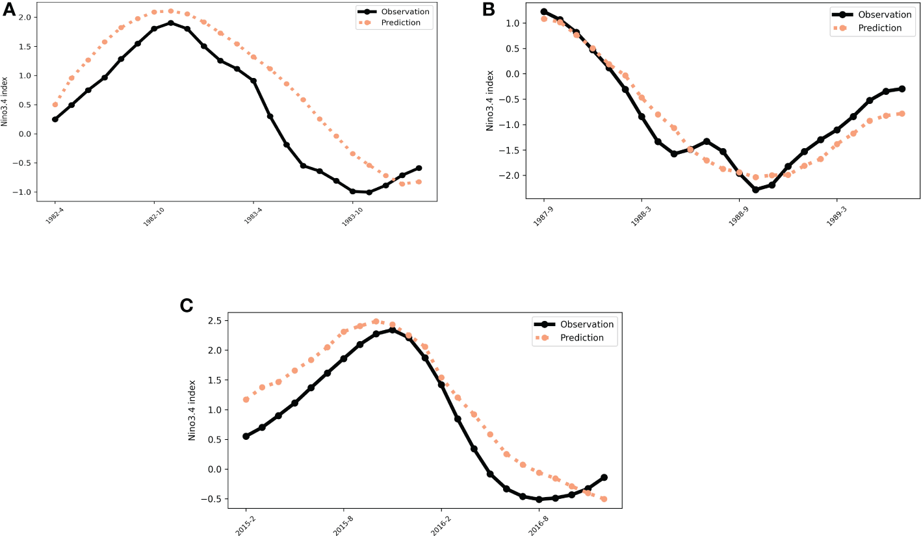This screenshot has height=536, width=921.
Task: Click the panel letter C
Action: pyautogui.click(x=187, y=305)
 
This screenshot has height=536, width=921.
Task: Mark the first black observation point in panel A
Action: pyautogui.click(x=55, y=119)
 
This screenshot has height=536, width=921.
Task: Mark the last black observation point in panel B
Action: pyautogui.click(x=902, y=88)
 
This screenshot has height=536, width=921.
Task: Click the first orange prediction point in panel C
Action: pyautogui.click(x=246, y=400)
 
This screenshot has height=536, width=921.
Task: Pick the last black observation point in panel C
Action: pyautogui.click(x=604, y=478)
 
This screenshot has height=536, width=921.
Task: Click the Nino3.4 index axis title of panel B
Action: pyautogui.click(x=490, y=101)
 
